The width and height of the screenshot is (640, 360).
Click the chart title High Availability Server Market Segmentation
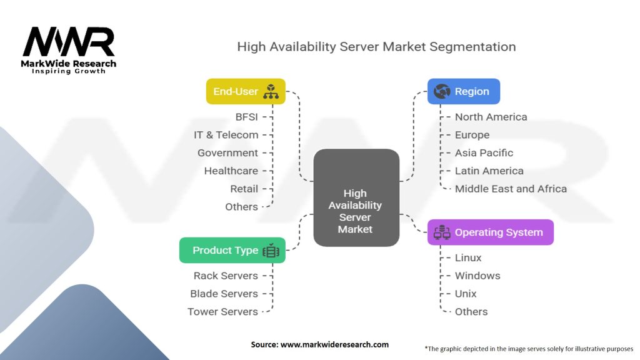pos(376,47)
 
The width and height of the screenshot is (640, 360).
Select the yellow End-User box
pos(246,91)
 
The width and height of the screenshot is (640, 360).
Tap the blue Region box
pos(463,91)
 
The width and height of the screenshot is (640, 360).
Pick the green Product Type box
pos(232,250)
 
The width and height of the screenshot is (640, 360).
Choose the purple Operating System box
pos(490,232)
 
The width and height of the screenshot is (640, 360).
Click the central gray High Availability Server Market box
pos(356,197)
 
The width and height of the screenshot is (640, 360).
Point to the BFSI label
pos(246,117)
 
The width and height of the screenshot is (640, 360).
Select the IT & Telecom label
pos(226,135)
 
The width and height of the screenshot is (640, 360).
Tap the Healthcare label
pos(231,171)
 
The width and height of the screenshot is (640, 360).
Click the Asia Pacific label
pos(484,152)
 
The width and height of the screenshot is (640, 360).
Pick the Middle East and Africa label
pos(511,189)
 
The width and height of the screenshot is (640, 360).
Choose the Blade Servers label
pos(224,294)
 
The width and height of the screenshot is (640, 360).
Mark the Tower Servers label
pos(222,311)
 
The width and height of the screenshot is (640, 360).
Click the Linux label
pos(468,257)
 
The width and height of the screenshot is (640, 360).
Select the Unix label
pos(466,294)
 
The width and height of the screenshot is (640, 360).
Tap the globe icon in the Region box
pos(442,92)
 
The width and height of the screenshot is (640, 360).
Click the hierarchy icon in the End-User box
pos(271,92)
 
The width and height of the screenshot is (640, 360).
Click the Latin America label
pos(489,171)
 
